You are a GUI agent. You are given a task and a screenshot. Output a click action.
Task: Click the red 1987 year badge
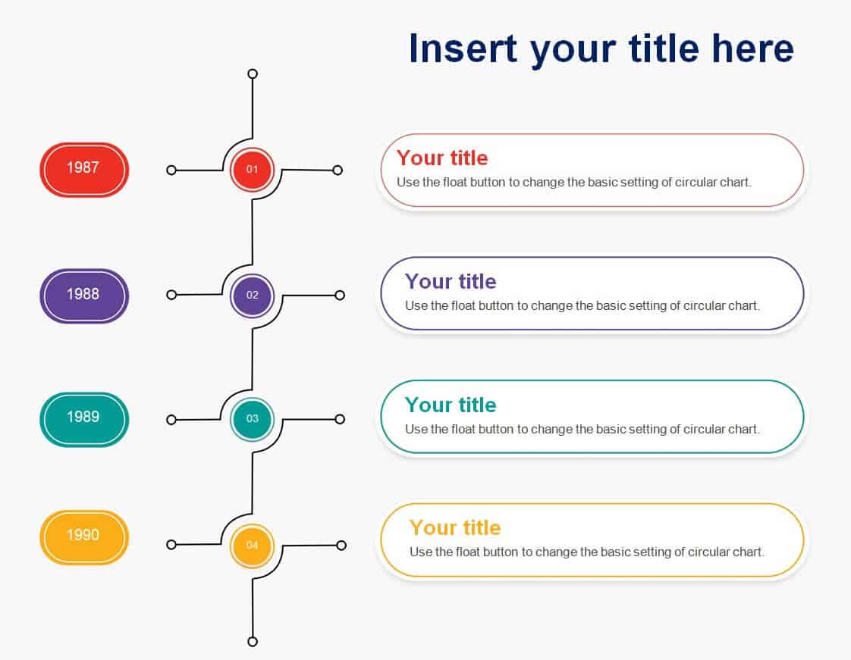(84, 170)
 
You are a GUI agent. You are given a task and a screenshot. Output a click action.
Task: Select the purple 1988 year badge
(84, 296)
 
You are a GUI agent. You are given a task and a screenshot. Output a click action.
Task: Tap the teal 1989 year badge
(84, 419)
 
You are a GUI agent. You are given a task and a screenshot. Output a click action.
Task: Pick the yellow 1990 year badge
(84, 537)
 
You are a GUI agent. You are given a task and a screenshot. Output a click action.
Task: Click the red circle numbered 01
(252, 170)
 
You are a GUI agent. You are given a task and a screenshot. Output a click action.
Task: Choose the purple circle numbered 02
(252, 296)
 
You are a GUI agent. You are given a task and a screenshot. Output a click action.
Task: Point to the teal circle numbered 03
(252, 419)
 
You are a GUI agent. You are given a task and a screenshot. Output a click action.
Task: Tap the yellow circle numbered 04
(252, 545)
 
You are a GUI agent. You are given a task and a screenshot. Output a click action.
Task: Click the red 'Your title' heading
(442, 158)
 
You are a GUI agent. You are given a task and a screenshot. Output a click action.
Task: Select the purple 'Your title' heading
(451, 281)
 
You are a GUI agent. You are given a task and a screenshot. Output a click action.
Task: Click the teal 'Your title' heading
(451, 405)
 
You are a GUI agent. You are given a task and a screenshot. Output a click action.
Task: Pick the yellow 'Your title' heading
(455, 527)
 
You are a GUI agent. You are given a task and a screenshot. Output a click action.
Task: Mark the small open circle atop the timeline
(253, 74)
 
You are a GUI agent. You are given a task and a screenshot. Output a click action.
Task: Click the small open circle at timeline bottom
(253, 642)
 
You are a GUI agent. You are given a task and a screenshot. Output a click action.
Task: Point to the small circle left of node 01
(171, 170)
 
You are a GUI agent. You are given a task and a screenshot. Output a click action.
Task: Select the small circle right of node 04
(341, 546)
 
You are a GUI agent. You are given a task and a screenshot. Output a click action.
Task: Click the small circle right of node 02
(340, 296)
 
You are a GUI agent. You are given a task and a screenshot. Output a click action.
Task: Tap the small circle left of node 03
(171, 420)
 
